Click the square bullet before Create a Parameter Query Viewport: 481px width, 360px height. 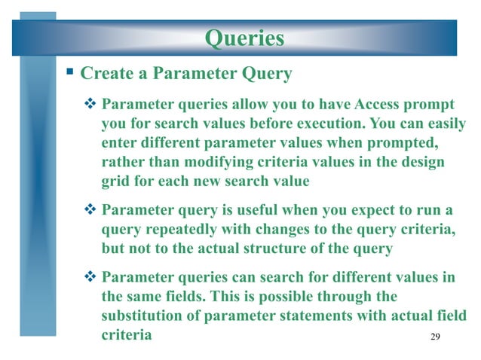tap(68, 74)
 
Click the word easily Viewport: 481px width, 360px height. tap(438, 124)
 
